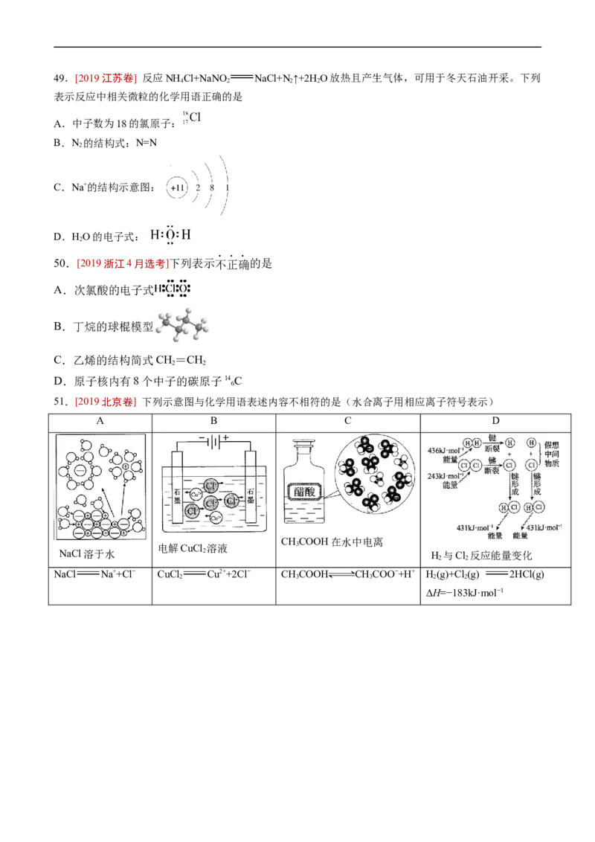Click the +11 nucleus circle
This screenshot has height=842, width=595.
tap(177, 188)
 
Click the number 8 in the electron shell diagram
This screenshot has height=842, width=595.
tap(212, 188)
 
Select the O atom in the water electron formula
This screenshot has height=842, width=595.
tap(170, 236)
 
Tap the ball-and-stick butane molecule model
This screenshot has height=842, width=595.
tap(182, 324)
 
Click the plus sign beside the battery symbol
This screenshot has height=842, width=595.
tap(226, 437)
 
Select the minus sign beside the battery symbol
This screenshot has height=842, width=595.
tap(202, 437)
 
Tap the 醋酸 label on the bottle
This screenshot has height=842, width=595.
tap(303, 491)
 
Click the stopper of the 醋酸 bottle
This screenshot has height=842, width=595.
tap(303, 445)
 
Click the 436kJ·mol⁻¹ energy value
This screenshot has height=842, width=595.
tap(445, 451)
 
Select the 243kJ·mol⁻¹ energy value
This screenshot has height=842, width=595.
tap(445, 475)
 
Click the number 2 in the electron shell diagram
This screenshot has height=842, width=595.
tap(198, 188)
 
